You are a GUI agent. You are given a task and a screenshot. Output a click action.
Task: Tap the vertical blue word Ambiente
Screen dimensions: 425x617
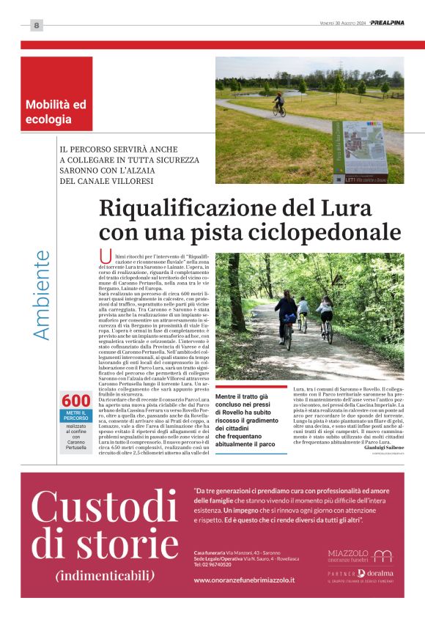coord(42,295)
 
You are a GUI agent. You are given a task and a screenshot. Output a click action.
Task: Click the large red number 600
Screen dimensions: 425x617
coord(76,401)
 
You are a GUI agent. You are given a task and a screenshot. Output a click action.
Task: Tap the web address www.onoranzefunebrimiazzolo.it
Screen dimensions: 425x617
coord(243,580)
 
